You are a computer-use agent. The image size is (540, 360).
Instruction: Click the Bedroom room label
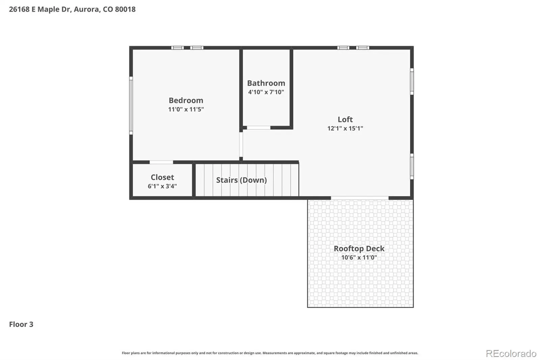click(x=186, y=100)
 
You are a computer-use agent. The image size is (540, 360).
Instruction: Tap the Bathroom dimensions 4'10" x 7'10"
click(x=266, y=92)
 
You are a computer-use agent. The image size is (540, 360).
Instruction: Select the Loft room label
click(x=345, y=119)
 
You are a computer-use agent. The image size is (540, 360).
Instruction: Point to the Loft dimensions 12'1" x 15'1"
click(x=345, y=128)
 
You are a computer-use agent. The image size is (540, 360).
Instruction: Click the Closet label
click(x=162, y=177)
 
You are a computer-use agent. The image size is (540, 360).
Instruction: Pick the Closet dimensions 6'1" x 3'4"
click(x=162, y=186)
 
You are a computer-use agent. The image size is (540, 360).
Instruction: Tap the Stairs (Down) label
click(x=241, y=180)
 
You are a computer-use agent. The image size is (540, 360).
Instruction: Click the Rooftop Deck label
click(x=359, y=248)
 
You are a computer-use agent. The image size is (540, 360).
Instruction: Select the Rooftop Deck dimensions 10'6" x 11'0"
click(x=359, y=257)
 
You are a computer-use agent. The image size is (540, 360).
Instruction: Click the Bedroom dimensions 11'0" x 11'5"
click(x=186, y=109)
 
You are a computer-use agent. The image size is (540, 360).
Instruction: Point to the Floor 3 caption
click(x=21, y=324)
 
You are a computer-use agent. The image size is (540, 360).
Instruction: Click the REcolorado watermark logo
click(x=511, y=354)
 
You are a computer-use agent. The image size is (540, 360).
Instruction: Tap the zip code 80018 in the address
click(x=125, y=9)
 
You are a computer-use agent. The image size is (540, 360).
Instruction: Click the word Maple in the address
click(x=49, y=9)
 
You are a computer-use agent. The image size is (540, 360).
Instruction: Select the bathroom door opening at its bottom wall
click(x=259, y=128)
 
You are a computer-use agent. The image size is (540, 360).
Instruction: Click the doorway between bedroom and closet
click(x=161, y=162)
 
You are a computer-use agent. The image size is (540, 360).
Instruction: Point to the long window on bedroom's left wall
click(x=131, y=105)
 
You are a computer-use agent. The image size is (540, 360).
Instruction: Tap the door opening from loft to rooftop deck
click(x=359, y=198)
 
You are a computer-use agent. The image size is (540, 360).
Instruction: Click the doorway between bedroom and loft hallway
click(x=241, y=144)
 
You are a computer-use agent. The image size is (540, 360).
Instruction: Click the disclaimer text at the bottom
click(x=270, y=353)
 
